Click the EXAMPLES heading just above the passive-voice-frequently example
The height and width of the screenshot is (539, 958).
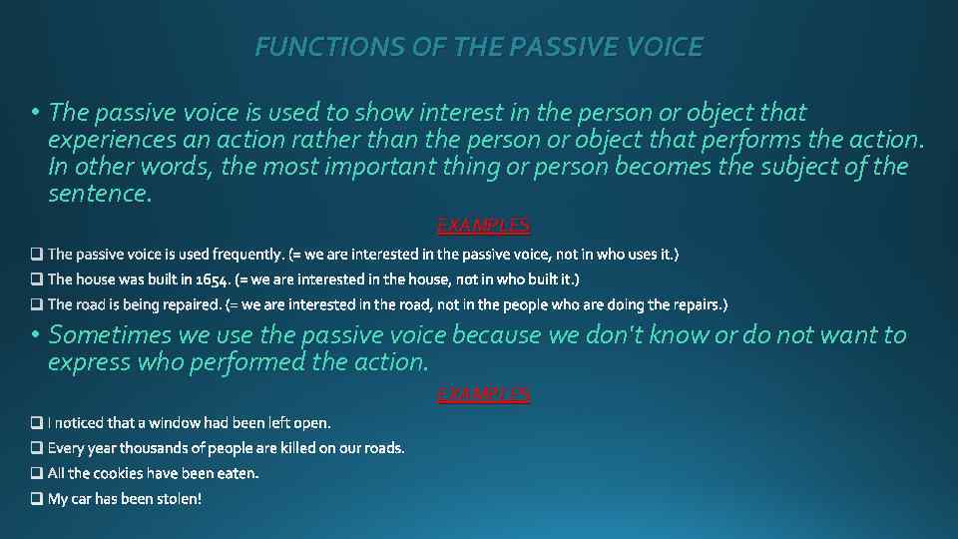coord(484,225)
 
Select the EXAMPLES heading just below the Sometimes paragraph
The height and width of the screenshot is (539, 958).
coord(484,394)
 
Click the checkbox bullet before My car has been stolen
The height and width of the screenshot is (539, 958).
coord(37,498)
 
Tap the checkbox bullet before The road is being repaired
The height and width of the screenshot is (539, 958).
coord(37,304)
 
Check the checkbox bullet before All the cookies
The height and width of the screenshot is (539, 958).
coord(37,473)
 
